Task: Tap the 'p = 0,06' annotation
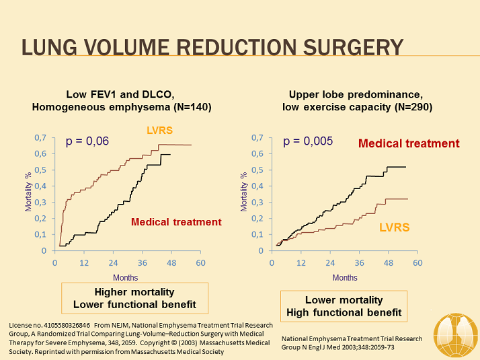tap(87, 141)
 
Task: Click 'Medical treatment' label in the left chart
tap(175, 222)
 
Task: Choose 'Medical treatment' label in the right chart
tap(409, 143)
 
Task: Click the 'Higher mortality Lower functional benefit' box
tap(135, 298)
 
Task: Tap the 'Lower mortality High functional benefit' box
tap(344, 305)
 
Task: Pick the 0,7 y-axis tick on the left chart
tap(40, 137)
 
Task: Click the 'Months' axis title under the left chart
tap(125, 277)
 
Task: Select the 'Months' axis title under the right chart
tap(345, 277)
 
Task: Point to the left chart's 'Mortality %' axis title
tap(28, 193)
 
